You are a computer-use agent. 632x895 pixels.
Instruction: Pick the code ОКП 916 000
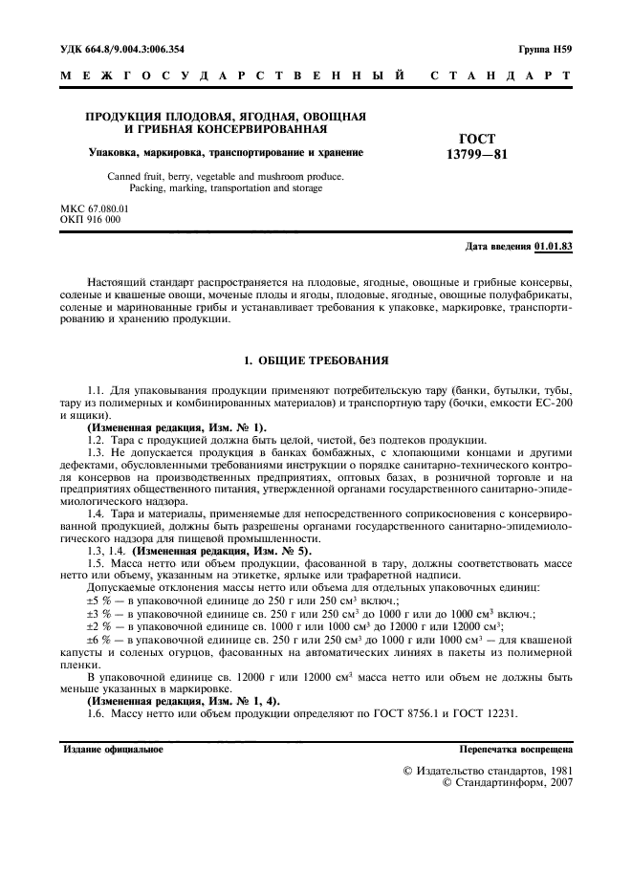pyautogui.click(x=90, y=219)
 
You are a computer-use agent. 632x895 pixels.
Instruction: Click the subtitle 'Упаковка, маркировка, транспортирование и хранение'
pyautogui.click(x=226, y=152)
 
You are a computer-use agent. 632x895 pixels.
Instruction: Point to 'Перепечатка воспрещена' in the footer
pyautogui.click(x=515, y=749)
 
